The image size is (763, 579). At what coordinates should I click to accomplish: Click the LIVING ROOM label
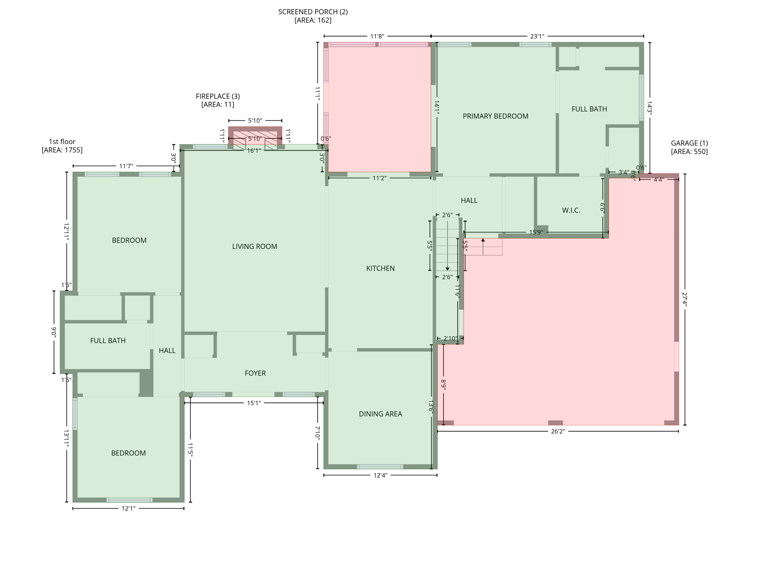pyautogui.click(x=254, y=247)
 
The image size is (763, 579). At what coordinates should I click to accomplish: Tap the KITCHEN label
pyautogui.click(x=380, y=268)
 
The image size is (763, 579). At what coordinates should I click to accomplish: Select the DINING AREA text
pyautogui.click(x=380, y=414)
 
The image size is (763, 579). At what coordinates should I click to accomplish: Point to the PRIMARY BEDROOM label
pyautogui.click(x=495, y=116)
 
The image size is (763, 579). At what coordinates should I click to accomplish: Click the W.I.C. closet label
pyautogui.click(x=571, y=210)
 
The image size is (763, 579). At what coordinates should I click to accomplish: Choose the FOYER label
pyautogui.click(x=255, y=373)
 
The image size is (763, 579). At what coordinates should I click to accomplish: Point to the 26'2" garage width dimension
pyautogui.click(x=558, y=431)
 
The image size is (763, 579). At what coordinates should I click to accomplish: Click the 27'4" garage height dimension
pyautogui.click(x=684, y=300)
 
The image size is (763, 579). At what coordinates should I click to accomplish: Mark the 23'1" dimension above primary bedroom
pyautogui.click(x=537, y=36)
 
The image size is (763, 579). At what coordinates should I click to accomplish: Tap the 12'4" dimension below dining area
pyautogui.click(x=380, y=475)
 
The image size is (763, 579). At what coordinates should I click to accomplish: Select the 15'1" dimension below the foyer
pyautogui.click(x=254, y=403)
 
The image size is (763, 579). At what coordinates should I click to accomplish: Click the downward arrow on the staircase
pyautogui.click(x=447, y=268)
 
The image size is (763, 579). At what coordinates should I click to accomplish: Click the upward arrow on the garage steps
pyautogui.click(x=483, y=240)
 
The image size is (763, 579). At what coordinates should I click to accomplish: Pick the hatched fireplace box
pyautogui.click(x=255, y=135)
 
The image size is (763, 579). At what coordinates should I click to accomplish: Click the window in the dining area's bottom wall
pyautogui.click(x=380, y=467)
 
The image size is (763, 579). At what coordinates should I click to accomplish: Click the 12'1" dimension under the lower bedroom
pyautogui.click(x=128, y=509)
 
